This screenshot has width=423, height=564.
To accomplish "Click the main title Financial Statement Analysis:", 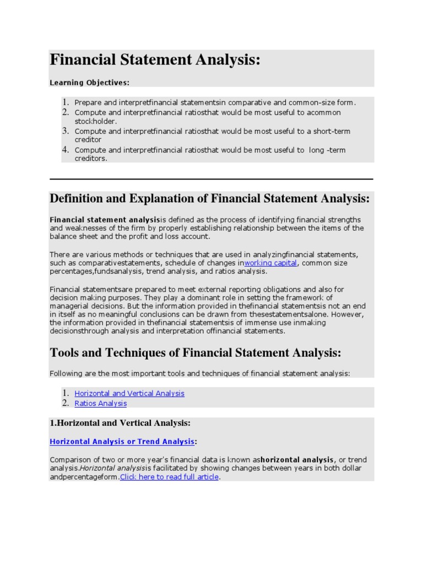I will point(155,59).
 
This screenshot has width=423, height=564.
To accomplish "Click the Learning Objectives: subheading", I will point(89,83).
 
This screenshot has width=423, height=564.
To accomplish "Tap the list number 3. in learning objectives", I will point(65,131).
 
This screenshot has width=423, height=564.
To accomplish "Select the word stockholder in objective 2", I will point(95,121).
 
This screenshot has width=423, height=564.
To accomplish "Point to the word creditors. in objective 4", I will point(91,159).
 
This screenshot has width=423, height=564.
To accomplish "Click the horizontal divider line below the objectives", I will point(211,179).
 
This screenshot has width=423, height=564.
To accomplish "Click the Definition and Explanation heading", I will point(210,198).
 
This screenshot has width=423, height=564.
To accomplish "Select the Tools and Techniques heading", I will point(196,352).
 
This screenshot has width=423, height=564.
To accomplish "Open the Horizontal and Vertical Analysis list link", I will point(129,393).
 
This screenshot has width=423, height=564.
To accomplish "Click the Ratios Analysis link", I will point(100,403).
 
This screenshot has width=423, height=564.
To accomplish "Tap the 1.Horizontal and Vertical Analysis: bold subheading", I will point(120,423).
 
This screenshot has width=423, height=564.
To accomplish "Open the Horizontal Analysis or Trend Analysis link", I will point(122,441).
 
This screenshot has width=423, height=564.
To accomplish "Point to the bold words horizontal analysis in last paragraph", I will point(297,459).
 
